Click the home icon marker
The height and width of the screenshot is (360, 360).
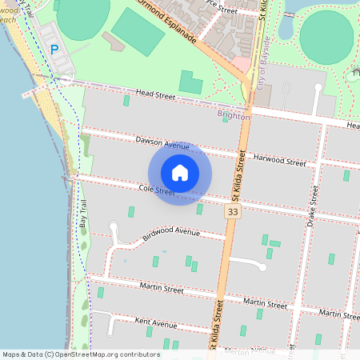[180, 172]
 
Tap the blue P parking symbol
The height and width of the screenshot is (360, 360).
[54, 50]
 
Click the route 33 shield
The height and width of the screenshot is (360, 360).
[233, 212]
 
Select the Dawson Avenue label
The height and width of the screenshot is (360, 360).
[162, 143]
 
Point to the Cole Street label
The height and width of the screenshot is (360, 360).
[156, 190]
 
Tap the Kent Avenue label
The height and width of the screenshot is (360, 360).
[156, 324]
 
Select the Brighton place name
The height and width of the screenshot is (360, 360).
[234, 116]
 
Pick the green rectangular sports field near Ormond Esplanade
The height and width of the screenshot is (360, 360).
[138, 32]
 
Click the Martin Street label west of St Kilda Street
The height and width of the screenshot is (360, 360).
[162, 287]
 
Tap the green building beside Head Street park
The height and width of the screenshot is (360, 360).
[190, 82]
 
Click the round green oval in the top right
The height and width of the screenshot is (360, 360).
[326, 35]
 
